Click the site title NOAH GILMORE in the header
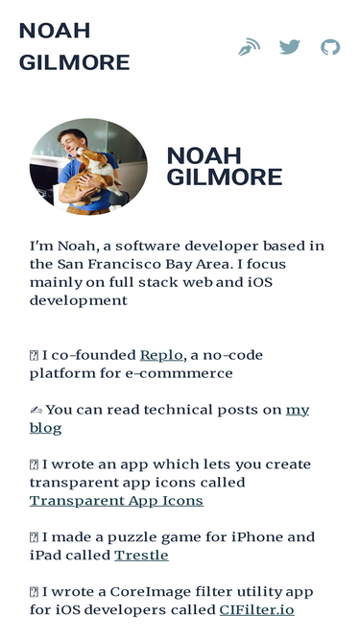(x=74, y=46)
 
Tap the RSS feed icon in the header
(x=249, y=46)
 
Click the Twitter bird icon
(x=289, y=46)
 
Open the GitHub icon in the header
(x=330, y=46)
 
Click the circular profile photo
(x=88, y=167)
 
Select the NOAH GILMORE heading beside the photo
(x=224, y=167)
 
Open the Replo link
(x=161, y=355)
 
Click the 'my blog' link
(x=298, y=410)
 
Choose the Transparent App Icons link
(x=116, y=501)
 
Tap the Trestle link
(x=141, y=556)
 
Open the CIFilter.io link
(x=256, y=610)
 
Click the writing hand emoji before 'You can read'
(x=36, y=410)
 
